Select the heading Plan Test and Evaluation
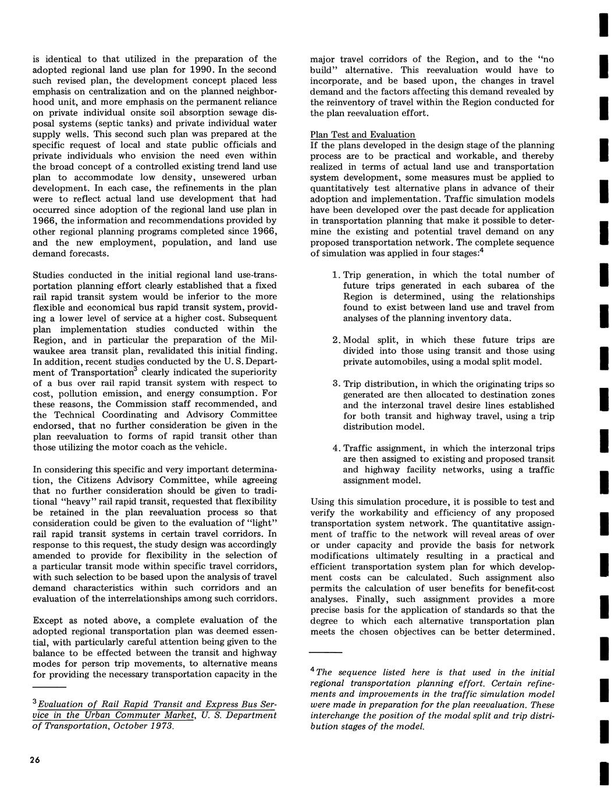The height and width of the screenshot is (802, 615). pos(362,134)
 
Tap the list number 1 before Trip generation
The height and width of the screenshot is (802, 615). pos(335,275)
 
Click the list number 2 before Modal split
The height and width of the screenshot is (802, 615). pos(335,340)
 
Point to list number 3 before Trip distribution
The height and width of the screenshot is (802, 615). pos(335,384)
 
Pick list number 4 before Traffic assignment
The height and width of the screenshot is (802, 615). pos(335,449)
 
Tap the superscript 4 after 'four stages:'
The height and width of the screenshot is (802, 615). pos(481,251)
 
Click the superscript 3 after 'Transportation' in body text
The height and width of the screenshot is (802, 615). pos(135,369)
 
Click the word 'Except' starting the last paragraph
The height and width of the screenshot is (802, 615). pos(47,621)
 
